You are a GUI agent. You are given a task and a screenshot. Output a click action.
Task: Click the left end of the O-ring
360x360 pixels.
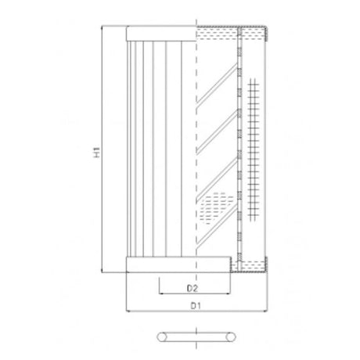point(160,337)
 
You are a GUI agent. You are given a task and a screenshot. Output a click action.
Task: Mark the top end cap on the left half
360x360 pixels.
point(160,34)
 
